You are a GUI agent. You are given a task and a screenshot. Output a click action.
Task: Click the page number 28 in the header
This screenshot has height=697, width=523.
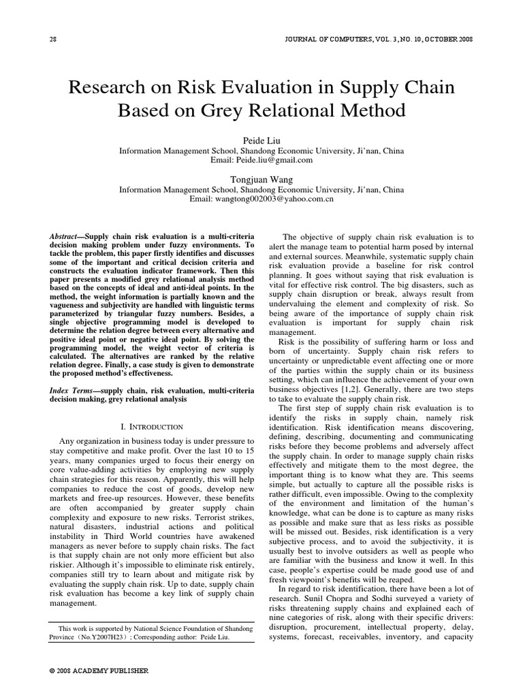(x=52, y=38)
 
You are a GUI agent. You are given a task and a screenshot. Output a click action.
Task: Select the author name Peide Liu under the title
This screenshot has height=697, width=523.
(x=261, y=140)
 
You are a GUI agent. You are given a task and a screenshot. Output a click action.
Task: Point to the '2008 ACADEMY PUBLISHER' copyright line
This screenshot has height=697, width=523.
(x=102, y=670)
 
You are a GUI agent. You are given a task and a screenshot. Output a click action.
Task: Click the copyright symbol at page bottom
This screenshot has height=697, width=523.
(x=52, y=670)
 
